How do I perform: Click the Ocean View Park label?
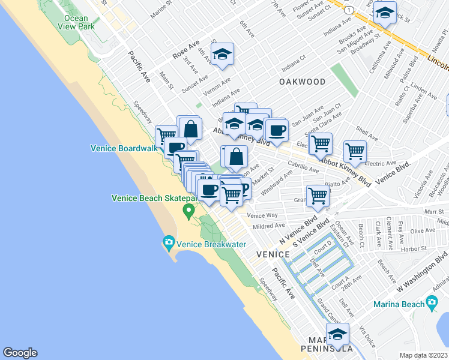coord(79,22)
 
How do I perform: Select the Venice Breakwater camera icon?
coord(169,243)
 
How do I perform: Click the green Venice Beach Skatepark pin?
coord(188,210)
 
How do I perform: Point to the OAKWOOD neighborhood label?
coord(303,82)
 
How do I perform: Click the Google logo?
coord(20,353)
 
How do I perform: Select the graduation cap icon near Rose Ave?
coord(223,55)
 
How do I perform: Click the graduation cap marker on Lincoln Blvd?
coord(384,11)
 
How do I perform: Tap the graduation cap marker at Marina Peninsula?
coord(337,334)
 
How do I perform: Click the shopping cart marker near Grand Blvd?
coord(318,194)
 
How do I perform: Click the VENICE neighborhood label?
coord(273,254)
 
